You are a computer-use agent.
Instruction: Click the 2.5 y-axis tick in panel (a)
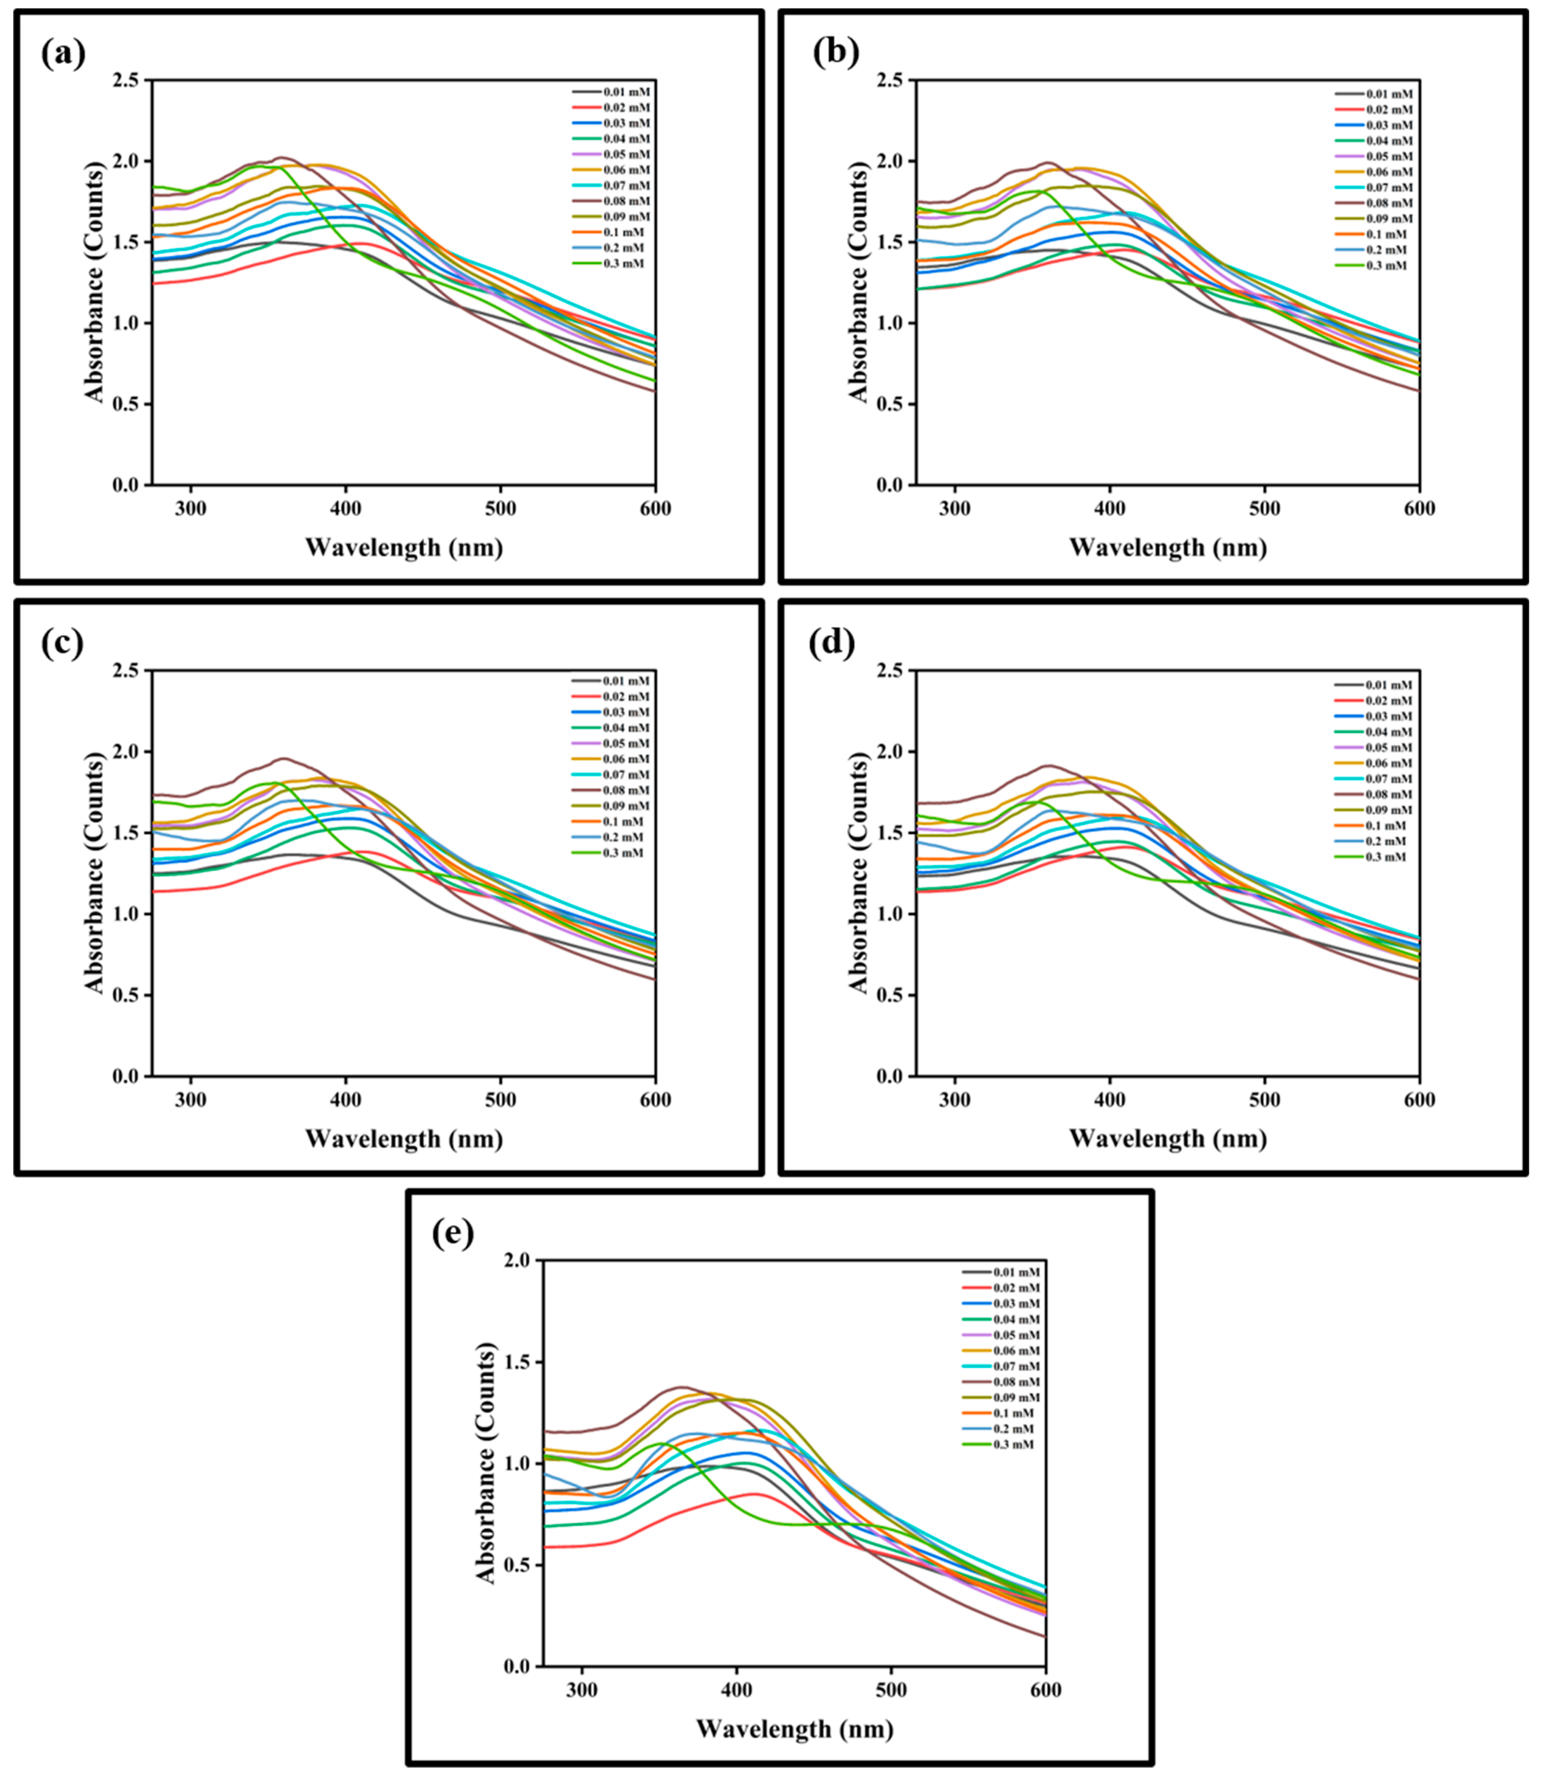(125, 81)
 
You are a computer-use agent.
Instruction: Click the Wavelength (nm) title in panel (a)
(404, 547)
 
